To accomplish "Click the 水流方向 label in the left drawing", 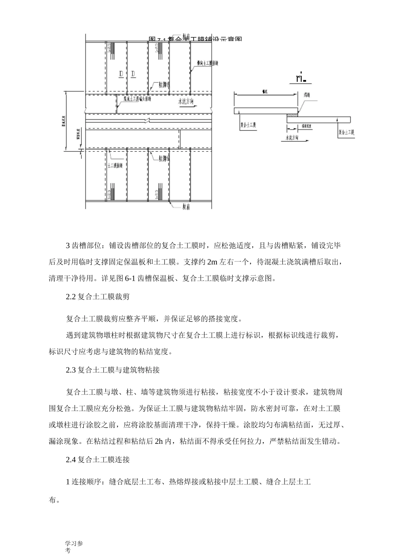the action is tap(185, 101).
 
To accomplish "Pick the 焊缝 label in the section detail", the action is tap(307, 95).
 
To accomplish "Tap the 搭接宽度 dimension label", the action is tap(307, 125).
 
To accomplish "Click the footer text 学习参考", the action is tap(74, 547).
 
